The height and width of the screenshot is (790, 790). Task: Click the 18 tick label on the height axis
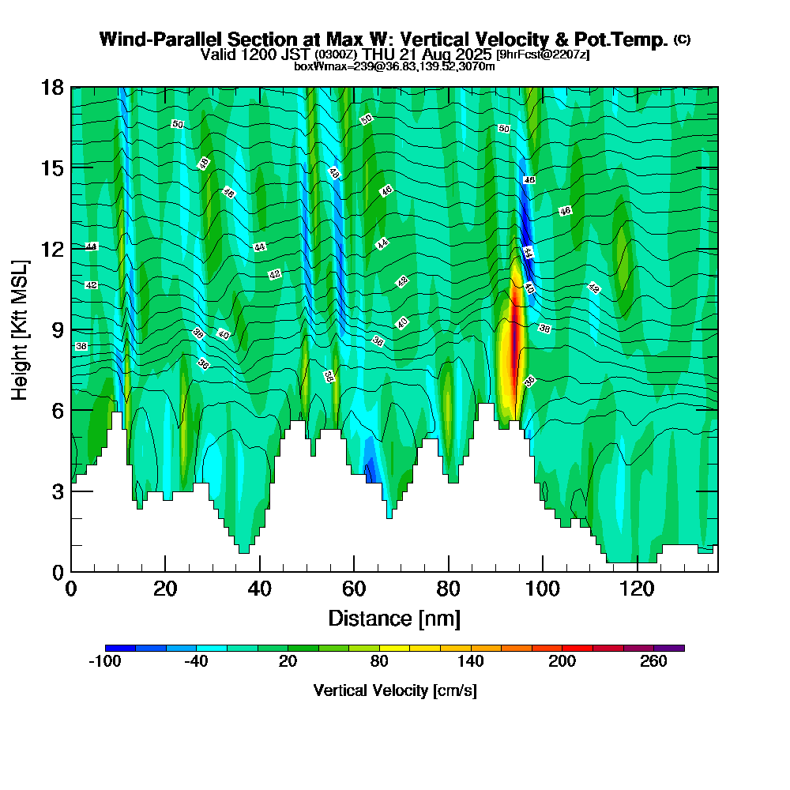tap(52, 87)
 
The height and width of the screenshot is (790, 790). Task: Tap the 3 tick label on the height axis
tap(57, 491)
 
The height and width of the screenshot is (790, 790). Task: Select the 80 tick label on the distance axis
tap(448, 589)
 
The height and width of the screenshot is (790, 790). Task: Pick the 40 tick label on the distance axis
tap(259, 589)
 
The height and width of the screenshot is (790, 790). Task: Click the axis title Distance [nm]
tap(394, 617)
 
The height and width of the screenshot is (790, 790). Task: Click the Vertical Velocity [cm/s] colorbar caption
tap(395, 690)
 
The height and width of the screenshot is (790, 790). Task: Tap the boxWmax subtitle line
tap(394, 66)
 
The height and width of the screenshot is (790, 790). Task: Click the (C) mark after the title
tap(682, 39)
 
